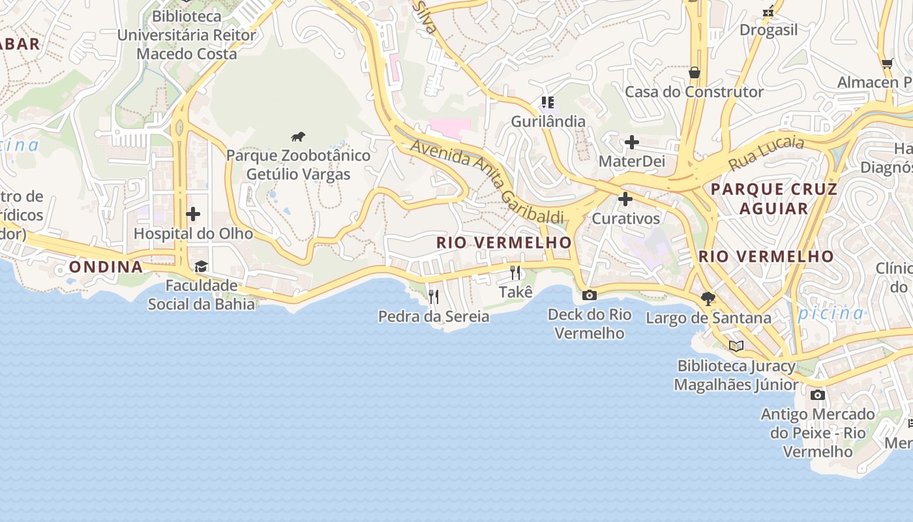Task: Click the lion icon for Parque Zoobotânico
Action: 298,137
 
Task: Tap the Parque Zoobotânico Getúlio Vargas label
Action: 298,165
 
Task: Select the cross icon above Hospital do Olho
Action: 193,213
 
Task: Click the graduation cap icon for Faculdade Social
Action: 201,266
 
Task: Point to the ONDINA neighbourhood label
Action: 106,267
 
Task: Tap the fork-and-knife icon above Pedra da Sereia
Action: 434,297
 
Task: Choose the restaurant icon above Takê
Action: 515,273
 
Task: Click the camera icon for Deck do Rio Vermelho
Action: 589,296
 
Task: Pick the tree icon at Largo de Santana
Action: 708,299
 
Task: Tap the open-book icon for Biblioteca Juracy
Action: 736,346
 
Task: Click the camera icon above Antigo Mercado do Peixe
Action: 817,395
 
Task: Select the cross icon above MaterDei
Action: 631,142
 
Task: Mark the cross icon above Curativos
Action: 625,199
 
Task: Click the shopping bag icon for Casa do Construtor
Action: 694,72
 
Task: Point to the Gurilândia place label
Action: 548,122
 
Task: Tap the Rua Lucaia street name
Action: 766,152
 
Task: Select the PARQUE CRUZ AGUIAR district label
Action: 773,199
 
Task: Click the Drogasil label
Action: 768,30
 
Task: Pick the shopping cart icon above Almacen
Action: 887,64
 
